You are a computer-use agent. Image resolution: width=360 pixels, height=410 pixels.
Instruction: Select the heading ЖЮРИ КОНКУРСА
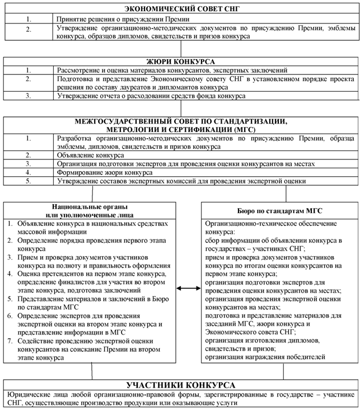click(x=180, y=62)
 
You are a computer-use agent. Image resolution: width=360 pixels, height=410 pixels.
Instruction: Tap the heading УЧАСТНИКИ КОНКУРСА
click(x=180, y=386)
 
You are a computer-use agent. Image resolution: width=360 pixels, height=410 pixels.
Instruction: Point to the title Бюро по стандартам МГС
click(x=278, y=210)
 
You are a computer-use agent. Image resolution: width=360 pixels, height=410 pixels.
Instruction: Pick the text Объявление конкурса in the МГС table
click(x=90, y=155)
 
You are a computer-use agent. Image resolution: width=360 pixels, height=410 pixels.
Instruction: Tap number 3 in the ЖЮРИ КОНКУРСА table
click(x=29, y=96)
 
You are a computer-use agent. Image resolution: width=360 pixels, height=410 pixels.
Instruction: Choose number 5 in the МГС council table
click(x=29, y=182)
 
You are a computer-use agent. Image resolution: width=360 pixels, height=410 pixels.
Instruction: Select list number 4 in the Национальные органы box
click(x=11, y=274)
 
